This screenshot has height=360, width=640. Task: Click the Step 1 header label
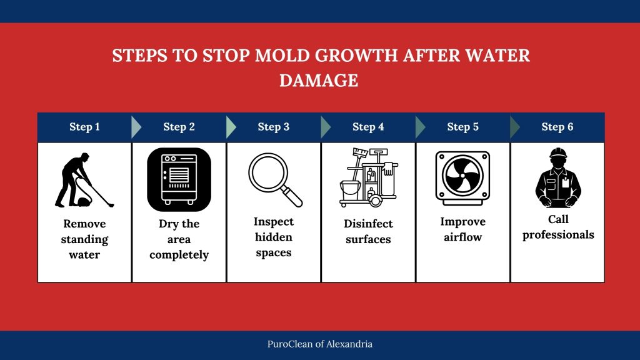click(x=84, y=127)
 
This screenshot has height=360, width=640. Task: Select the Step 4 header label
click(x=368, y=127)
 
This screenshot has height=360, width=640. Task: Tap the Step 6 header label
click(x=557, y=127)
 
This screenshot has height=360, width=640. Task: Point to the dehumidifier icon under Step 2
click(x=179, y=179)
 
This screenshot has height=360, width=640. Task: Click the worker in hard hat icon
click(x=557, y=177)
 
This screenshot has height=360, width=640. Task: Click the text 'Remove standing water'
click(x=84, y=239)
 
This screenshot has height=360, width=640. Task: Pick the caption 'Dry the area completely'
click(x=179, y=239)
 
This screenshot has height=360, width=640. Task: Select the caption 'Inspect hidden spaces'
click(x=274, y=237)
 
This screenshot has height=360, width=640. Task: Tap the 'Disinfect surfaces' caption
click(x=368, y=231)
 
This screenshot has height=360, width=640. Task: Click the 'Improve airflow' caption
click(x=462, y=229)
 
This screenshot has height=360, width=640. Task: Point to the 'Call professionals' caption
click(x=558, y=227)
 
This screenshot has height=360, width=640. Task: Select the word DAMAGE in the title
click(x=319, y=81)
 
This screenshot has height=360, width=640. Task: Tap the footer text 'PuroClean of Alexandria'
click(x=320, y=344)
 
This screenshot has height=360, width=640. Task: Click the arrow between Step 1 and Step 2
click(x=136, y=127)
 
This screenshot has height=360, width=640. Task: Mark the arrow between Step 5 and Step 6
click(x=515, y=127)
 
